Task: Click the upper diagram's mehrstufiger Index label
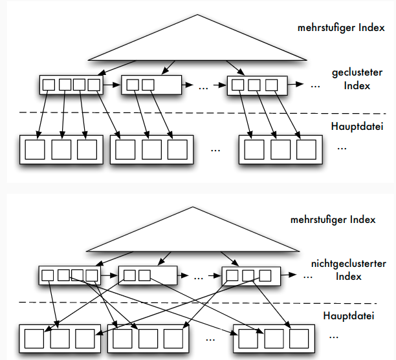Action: point(340,28)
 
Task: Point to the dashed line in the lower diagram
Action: point(194,302)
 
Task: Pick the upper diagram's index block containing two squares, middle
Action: point(149,84)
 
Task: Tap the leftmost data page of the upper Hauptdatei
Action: point(61,149)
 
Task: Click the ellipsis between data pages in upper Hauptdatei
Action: point(215,150)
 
